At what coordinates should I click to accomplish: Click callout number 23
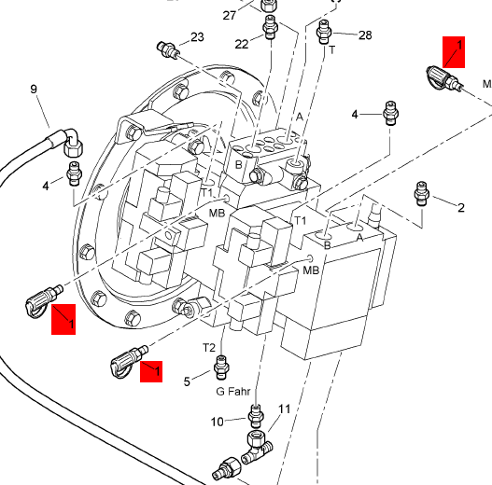197,37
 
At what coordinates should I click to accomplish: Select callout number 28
365,35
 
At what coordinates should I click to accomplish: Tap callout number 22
242,44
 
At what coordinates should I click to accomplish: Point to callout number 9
34,89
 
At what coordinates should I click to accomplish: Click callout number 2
460,208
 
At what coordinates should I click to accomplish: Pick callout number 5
187,381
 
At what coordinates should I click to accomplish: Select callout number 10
218,422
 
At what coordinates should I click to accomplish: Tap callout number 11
285,409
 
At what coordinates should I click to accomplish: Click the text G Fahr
233,391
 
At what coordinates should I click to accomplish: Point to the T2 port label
209,348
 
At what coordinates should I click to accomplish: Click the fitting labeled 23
168,50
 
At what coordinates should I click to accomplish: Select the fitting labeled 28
325,32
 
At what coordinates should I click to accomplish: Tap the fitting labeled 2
421,193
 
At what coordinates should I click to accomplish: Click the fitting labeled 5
221,367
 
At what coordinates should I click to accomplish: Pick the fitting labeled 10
256,416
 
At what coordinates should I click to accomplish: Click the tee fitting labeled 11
258,447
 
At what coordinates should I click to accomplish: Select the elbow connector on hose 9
73,142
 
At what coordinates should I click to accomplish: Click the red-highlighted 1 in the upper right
454,52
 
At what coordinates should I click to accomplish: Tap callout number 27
230,15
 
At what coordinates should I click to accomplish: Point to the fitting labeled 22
270,27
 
